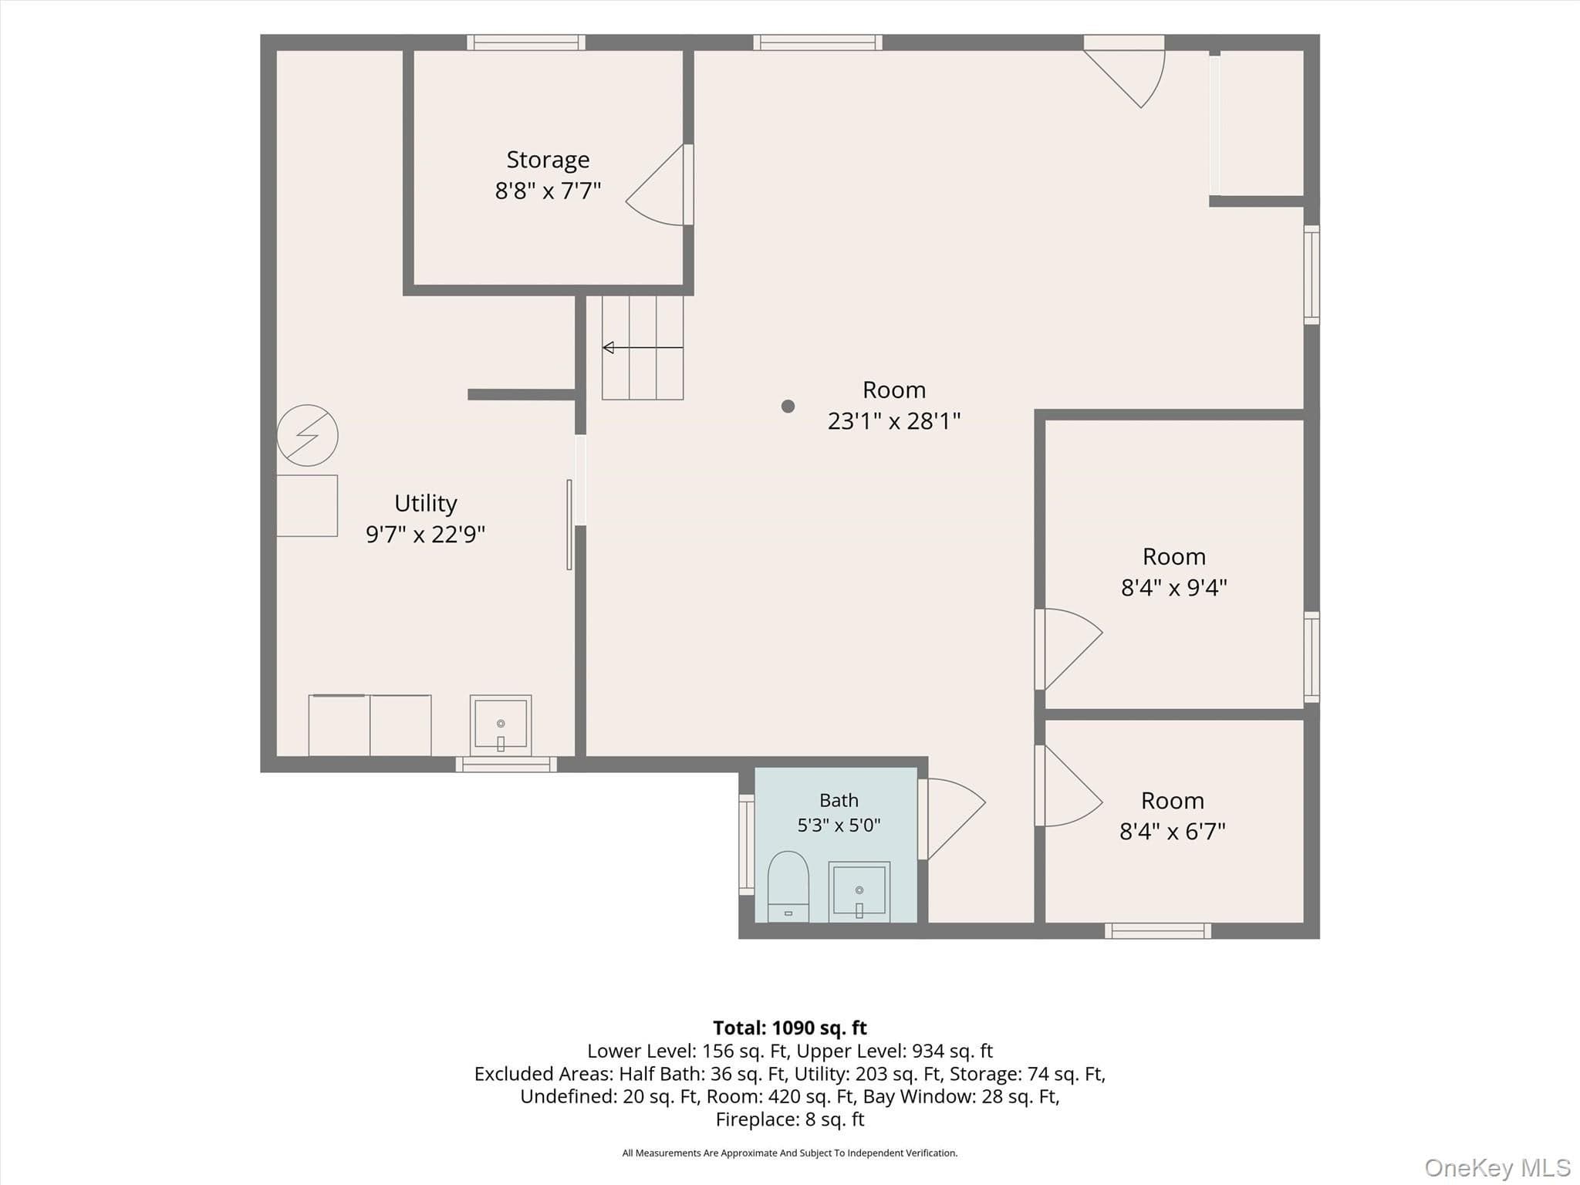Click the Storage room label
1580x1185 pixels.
point(548,160)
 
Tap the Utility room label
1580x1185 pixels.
point(426,503)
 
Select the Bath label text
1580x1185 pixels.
point(839,801)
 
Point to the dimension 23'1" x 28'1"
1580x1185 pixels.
point(894,421)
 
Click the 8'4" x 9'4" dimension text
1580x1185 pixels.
point(1174,588)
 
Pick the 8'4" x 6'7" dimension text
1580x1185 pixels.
point(1173,832)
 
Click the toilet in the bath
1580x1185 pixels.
point(788,887)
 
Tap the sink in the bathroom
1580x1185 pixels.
point(859,892)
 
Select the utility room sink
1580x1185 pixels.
point(501,725)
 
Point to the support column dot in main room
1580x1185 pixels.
point(788,406)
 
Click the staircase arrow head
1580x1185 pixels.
point(608,348)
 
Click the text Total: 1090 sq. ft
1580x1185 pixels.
point(790,1028)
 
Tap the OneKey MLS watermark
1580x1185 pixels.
point(1497,1168)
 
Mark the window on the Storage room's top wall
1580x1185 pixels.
point(526,42)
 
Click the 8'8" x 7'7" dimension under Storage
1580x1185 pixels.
point(548,191)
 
